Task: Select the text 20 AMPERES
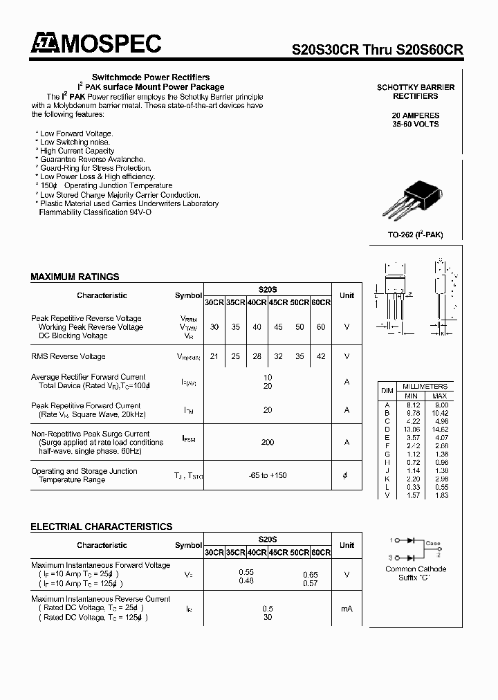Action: point(415,116)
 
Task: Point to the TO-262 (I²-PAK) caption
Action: point(415,235)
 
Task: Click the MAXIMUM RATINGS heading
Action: point(75,277)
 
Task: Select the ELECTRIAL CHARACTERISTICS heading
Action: point(101,526)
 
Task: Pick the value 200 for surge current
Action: point(267,442)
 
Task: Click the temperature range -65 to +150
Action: point(267,475)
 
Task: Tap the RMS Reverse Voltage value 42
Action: point(320,356)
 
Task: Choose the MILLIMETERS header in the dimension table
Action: point(425,386)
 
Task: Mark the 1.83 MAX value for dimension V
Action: point(440,496)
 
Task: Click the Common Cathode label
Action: point(416,569)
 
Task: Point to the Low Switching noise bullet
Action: point(75,142)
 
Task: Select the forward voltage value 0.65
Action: point(311,574)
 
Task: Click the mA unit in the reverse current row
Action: point(347,608)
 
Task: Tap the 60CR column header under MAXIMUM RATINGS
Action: point(321,302)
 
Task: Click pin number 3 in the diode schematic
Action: point(390,557)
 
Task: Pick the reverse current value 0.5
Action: point(267,608)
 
